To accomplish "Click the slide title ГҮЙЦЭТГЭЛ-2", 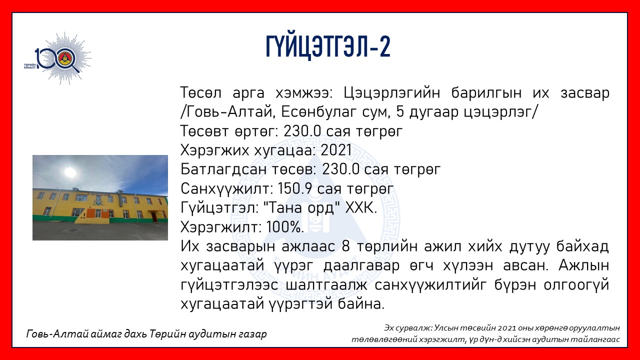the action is coord(328,47).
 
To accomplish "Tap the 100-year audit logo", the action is coord(57,58).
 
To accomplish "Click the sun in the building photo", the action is coord(70,172).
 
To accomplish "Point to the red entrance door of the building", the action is coord(154,217).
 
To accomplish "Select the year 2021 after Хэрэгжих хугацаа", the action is coord(336,150).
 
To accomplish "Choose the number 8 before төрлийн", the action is coord(345,246).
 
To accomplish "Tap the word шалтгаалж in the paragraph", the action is coord(326,285).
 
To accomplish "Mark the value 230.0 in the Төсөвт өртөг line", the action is coord(302,131).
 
